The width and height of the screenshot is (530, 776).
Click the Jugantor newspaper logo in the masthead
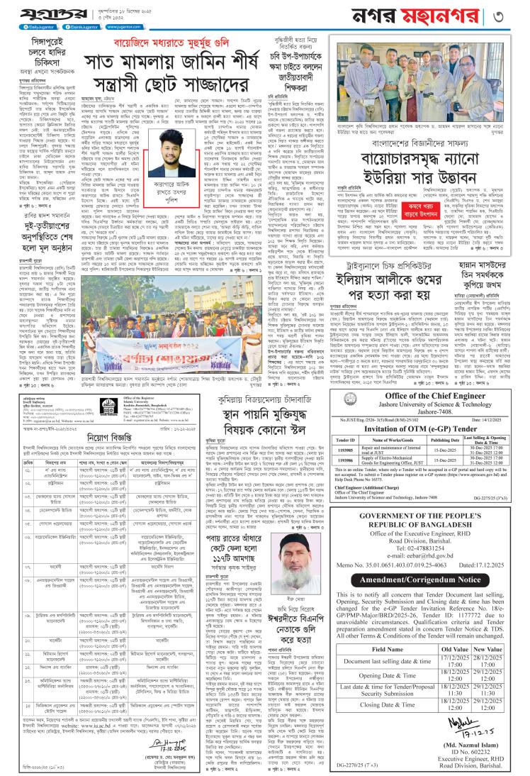click(x=43, y=15)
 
